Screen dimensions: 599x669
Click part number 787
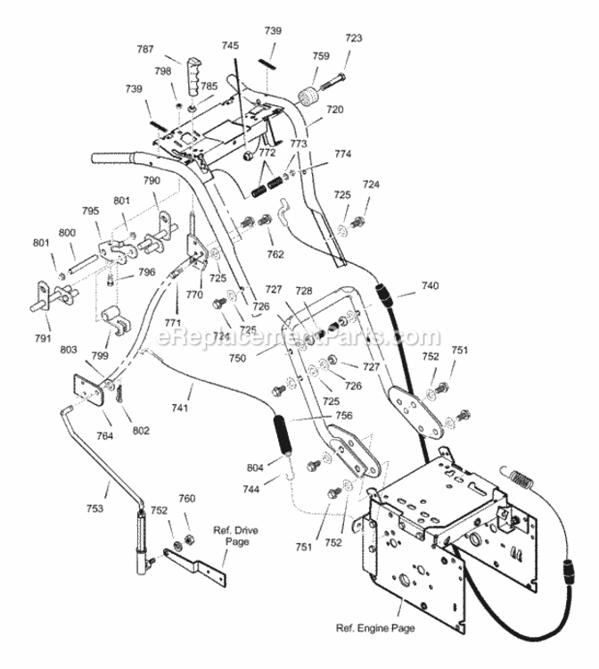tap(145, 49)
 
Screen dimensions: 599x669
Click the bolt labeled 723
tap(332, 82)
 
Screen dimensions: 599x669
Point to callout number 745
tap(230, 45)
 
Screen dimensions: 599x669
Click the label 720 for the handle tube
tap(334, 110)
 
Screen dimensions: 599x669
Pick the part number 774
tap(343, 153)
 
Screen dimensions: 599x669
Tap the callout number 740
tap(430, 285)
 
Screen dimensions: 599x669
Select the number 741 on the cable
tap(180, 408)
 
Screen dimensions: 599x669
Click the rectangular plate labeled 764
tap(89, 390)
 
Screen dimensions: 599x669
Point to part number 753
tap(94, 508)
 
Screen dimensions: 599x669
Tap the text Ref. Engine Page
tap(375, 628)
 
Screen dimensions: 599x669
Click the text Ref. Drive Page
tap(235, 536)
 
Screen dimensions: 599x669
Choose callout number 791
tap(42, 338)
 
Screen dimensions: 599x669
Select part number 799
tap(100, 355)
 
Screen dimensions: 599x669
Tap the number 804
tap(255, 467)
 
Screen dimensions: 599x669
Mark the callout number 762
tap(275, 254)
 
